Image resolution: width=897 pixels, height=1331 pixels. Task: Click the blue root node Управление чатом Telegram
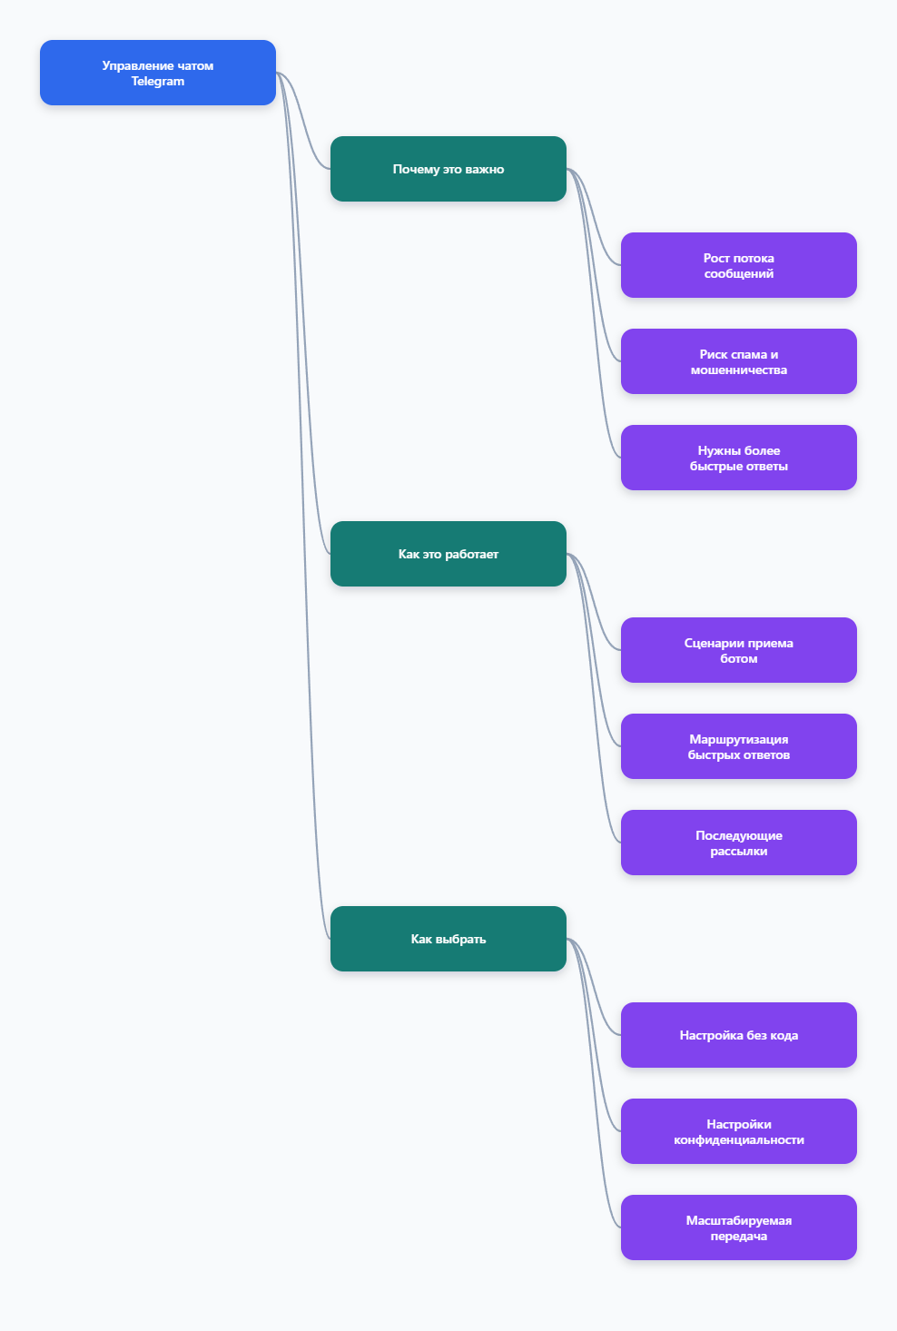157,73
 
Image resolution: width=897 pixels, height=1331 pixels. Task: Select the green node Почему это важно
448,169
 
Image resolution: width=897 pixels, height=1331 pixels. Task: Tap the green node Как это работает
448,554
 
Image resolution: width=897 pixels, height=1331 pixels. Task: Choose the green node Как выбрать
448,939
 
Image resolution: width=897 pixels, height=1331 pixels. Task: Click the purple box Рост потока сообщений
738,265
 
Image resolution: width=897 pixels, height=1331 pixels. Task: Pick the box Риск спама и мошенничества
738,361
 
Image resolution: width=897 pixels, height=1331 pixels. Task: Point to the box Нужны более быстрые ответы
738,458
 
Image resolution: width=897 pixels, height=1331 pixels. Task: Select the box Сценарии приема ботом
738,650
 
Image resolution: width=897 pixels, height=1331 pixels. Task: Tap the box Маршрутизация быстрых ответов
738,746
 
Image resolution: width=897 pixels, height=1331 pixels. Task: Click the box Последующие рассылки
738,843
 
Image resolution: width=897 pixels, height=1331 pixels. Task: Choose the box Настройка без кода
738,1035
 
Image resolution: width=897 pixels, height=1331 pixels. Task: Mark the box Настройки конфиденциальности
738,1131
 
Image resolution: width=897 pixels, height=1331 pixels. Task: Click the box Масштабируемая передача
738,1227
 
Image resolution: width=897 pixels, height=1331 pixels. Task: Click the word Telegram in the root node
157,82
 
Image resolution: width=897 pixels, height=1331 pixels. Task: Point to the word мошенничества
738,370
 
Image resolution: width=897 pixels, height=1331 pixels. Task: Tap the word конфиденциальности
738,1140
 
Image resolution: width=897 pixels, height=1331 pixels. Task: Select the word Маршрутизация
738,740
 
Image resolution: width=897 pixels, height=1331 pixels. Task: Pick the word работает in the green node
471,555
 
